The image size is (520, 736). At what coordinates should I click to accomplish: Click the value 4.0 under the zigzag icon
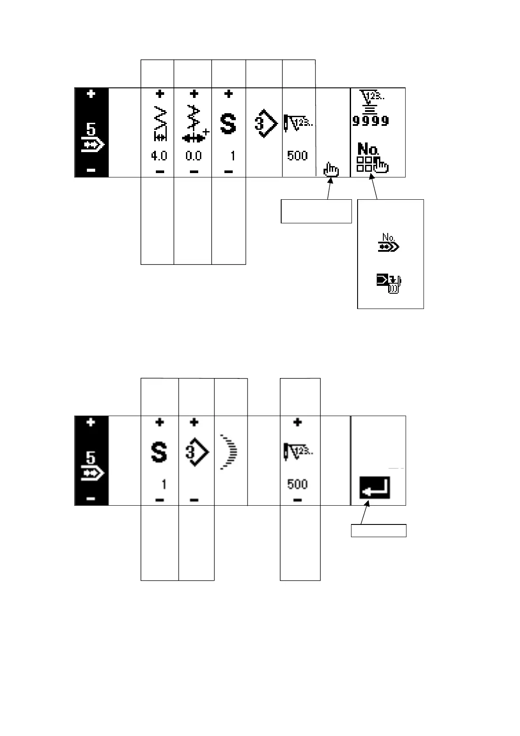[x=158, y=156]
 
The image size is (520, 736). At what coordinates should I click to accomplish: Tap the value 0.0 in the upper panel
[x=193, y=156]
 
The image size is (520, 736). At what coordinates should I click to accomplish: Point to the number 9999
[x=371, y=121]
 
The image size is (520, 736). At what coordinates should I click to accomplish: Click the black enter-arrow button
[x=375, y=488]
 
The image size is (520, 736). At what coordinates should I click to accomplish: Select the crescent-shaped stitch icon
[x=229, y=452]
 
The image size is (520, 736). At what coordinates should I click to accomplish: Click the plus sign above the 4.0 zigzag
[x=159, y=94]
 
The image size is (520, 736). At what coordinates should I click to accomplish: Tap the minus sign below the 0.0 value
[x=194, y=171]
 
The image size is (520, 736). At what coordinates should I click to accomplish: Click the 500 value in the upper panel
[x=297, y=156]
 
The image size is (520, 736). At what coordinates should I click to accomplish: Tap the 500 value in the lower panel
[x=297, y=484]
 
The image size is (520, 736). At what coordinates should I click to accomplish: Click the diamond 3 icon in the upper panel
[x=265, y=124]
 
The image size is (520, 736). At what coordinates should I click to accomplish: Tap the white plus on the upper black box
[x=91, y=94]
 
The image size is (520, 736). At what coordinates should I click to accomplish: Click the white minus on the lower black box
[x=91, y=499]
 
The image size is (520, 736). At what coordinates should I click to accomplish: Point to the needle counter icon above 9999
[x=369, y=100]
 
